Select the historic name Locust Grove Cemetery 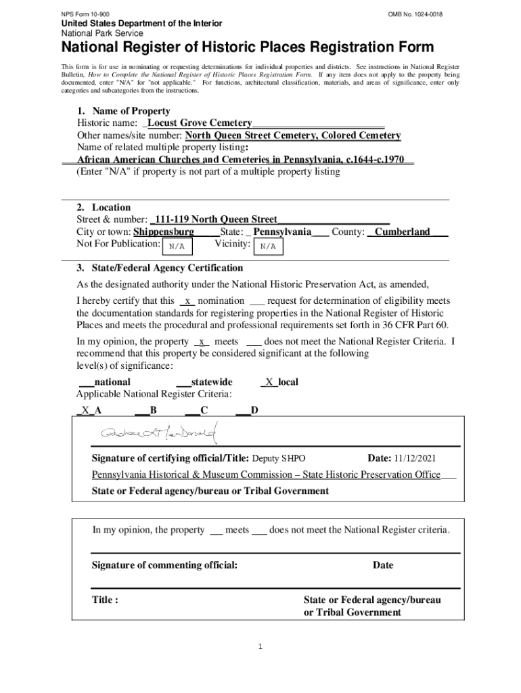[200, 123]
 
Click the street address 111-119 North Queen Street [215, 219]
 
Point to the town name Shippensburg [164, 231]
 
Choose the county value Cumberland [403, 231]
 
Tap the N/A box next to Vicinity [268, 246]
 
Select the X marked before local [269, 382]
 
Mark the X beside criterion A [86, 410]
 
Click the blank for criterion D [242, 410]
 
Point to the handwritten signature [158, 432]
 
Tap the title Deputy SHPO [273, 458]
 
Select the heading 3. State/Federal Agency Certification [160, 268]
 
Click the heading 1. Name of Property [123, 111]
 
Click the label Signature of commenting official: [164, 565]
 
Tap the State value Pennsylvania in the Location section [282, 231]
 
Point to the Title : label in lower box [106, 600]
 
